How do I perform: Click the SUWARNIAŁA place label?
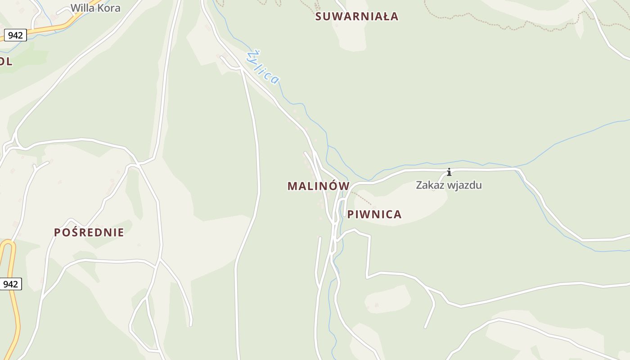click(x=357, y=17)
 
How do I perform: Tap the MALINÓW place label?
click(x=319, y=186)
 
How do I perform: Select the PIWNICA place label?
click(x=374, y=214)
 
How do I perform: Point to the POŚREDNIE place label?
click(x=89, y=233)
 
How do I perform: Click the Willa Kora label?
click(x=95, y=8)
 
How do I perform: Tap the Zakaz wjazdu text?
click(x=449, y=185)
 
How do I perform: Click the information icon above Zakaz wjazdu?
click(x=449, y=172)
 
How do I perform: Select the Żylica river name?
click(x=263, y=67)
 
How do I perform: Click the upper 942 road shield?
click(x=15, y=35)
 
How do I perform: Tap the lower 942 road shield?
click(x=10, y=284)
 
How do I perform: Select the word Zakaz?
click(x=427, y=185)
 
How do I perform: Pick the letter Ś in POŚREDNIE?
click(x=75, y=232)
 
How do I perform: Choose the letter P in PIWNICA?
click(x=351, y=214)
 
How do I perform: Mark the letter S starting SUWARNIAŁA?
click(x=319, y=17)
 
